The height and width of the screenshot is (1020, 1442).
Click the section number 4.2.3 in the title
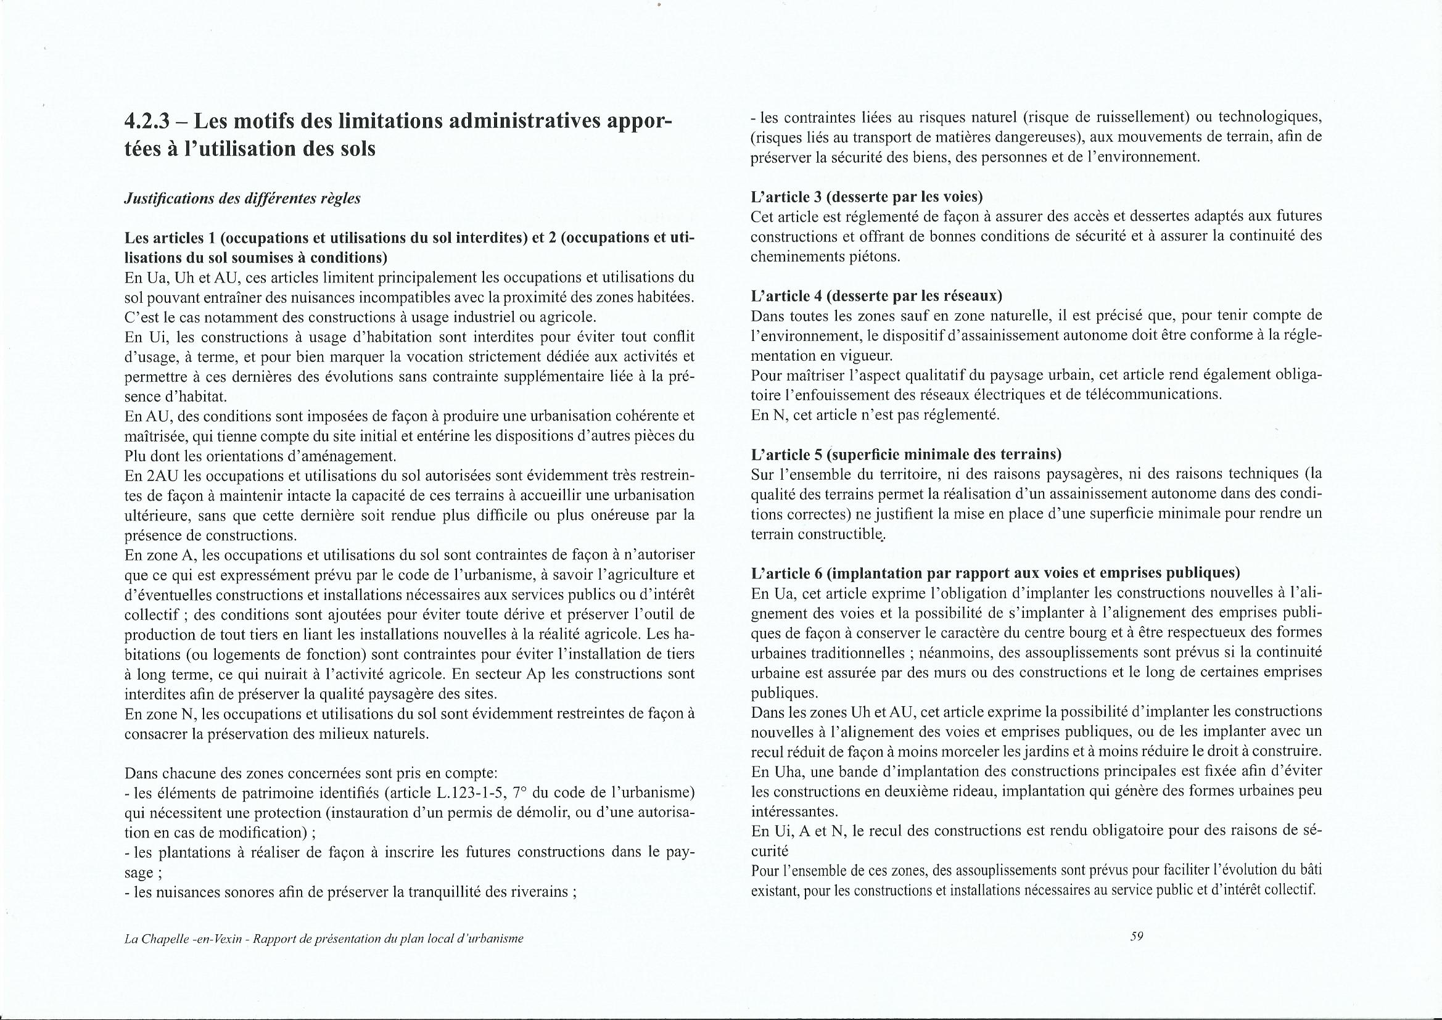(147, 122)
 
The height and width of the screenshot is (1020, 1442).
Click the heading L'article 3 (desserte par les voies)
(867, 197)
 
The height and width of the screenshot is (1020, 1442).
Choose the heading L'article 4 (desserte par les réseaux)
(876, 295)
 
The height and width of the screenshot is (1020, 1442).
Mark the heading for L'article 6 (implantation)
(995, 573)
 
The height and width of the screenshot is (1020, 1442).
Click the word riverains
(536, 892)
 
